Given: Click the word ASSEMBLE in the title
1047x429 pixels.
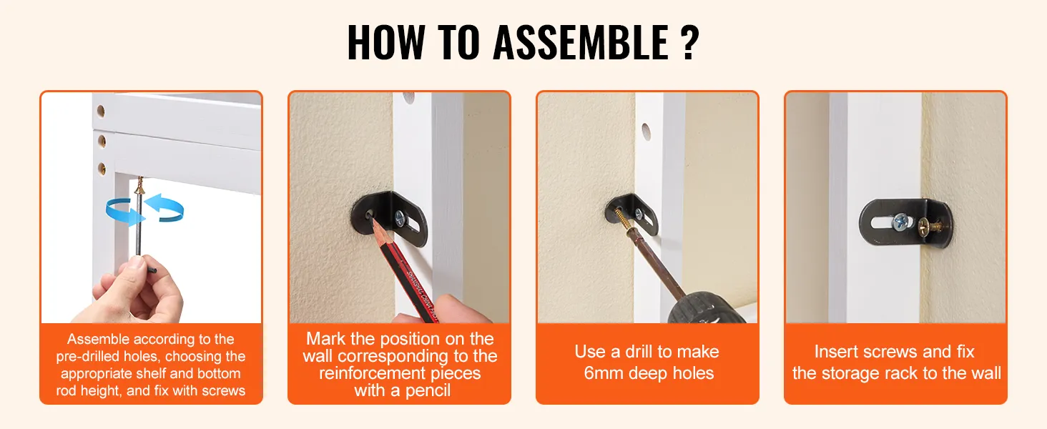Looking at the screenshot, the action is pos(581,42).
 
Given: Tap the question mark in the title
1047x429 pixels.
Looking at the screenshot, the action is pos(690,42).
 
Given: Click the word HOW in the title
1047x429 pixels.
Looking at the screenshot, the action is pos(387,42).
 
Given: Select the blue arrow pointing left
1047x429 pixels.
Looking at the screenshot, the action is pos(164,208).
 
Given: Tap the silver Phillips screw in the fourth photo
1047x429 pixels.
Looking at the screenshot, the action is pos(900,222).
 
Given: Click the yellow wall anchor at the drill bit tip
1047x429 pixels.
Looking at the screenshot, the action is pos(621,220).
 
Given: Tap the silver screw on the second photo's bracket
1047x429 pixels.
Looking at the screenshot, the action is pos(400,218).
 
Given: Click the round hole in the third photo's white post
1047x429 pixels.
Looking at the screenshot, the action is pos(646,132).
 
